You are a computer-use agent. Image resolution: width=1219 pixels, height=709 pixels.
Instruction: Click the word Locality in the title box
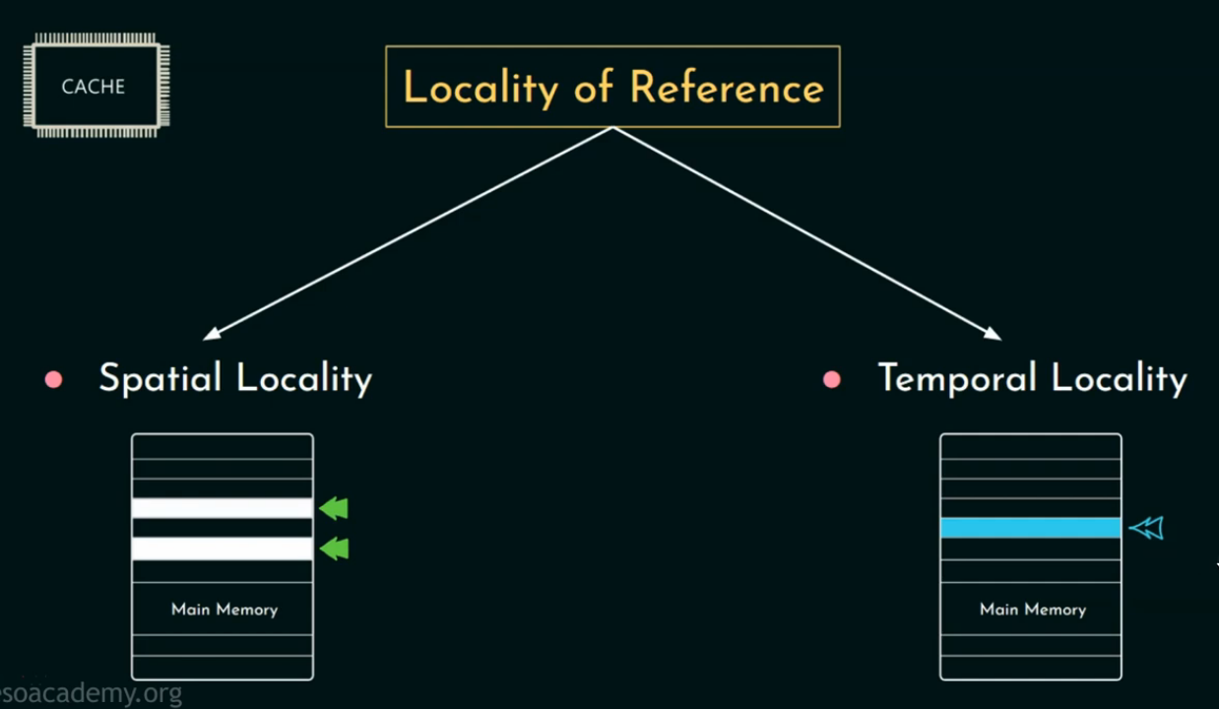point(481,89)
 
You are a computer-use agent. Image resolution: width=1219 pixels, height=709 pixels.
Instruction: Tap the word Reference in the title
point(727,88)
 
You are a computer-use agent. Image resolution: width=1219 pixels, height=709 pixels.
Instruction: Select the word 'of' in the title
point(594,88)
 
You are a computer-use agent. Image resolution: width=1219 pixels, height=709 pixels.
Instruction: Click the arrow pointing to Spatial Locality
point(409,233)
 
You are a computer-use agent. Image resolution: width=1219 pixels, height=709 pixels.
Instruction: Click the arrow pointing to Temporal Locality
point(807,233)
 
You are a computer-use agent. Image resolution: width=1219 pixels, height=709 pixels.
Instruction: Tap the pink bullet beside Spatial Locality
point(54,380)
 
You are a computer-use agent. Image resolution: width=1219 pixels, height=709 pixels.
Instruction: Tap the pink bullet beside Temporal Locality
point(832,380)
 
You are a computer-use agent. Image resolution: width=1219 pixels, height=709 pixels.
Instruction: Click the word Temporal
point(957,379)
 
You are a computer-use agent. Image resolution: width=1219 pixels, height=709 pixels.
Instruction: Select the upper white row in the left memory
point(223,508)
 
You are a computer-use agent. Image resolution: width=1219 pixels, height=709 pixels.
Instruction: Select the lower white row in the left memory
point(223,548)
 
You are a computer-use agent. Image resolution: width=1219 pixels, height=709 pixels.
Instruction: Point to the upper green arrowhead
point(335,508)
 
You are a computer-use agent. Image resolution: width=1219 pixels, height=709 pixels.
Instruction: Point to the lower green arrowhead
point(335,548)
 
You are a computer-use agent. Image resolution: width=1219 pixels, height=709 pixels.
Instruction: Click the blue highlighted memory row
point(1031,528)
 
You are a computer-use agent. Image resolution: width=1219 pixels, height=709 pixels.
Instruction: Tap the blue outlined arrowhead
point(1146,529)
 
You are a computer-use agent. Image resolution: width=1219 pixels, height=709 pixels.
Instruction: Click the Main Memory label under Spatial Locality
point(225,610)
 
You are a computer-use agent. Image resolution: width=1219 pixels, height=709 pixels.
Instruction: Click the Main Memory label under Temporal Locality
point(1032,610)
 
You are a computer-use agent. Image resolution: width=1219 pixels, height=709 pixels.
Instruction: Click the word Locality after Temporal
point(1120,379)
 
